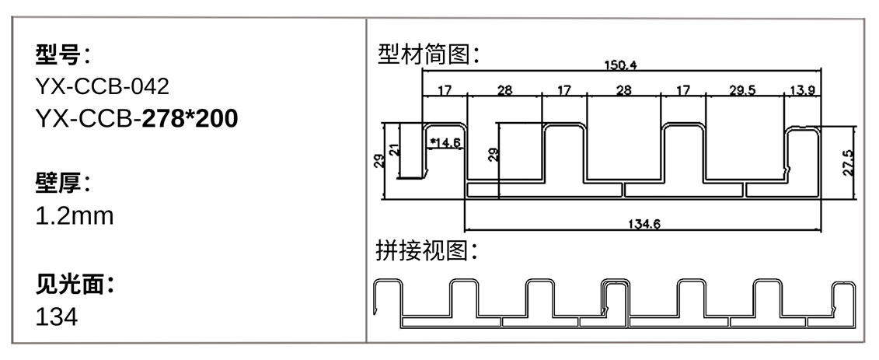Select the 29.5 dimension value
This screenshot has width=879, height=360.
[742, 90]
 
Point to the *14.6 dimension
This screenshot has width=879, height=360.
[446, 142]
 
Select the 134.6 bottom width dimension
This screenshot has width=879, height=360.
[644, 225]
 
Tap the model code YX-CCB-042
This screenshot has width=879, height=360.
[103, 86]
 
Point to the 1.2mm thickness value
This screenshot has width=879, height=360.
[75, 216]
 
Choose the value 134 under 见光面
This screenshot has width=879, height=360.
[57, 317]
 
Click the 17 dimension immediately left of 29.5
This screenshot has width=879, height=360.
[683, 90]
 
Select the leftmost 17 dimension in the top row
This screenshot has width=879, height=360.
[445, 90]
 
